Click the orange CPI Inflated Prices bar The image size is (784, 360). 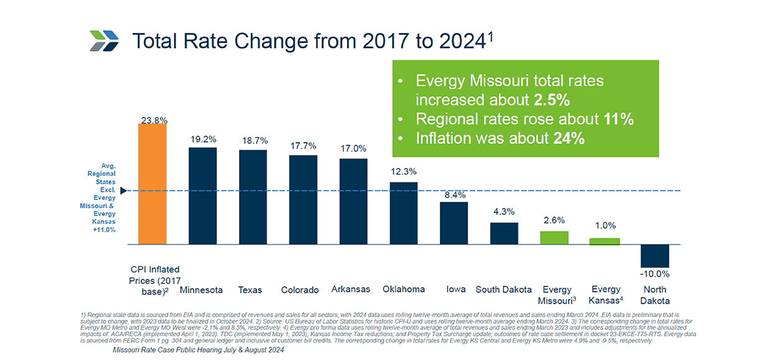[x=152, y=184]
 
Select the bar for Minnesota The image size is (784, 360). [x=202, y=196]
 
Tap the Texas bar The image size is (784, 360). [x=253, y=197]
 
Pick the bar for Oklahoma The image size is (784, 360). [x=403, y=213]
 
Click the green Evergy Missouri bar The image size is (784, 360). [x=554, y=238]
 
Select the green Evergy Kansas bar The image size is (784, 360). [x=605, y=241]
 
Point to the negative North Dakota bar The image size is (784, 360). [x=655, y=256]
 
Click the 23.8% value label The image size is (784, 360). [x=153, y=120]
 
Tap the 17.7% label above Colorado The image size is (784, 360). [x=303, y=146]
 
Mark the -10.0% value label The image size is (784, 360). [x=655, y=274]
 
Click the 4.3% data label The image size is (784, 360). [x=504, y=212]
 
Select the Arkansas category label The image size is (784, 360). [x=351, y=289]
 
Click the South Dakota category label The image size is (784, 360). [x=503, y=289]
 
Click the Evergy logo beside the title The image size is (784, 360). [x=104, y=41]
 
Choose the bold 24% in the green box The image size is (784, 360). [x=568, y=139]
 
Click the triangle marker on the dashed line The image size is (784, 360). [x=123, y=191]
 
